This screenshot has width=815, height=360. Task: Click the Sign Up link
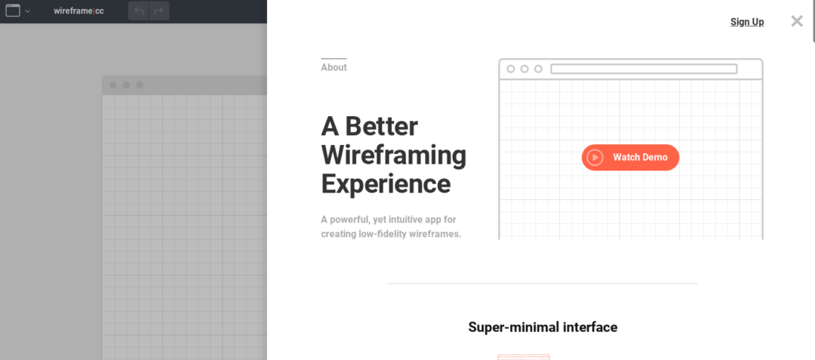tap(746, 22)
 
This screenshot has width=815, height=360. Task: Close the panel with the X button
tap(797, 21)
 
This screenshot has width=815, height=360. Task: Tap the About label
tap(334, 67)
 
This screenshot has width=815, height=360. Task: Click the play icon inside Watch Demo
tap(595, 157)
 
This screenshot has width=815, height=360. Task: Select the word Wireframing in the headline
tap(393, 155)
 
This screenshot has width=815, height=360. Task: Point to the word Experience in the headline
tap(386, 183)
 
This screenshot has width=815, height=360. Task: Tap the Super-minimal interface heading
tap(543, 327)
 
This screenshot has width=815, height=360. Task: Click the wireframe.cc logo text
tap(78, 11)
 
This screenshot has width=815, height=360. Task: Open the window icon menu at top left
tap(13, 11)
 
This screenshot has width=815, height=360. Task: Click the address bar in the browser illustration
tap(643, 69)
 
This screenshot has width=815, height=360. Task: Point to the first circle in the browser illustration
tap(511, 69)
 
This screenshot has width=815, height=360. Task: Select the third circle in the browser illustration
tap(538, 69)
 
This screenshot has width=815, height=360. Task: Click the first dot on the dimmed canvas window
tap(113, 85)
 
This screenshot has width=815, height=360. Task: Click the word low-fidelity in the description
tap(389, 234)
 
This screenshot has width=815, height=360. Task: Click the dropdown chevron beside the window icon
tap(27, 11)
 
